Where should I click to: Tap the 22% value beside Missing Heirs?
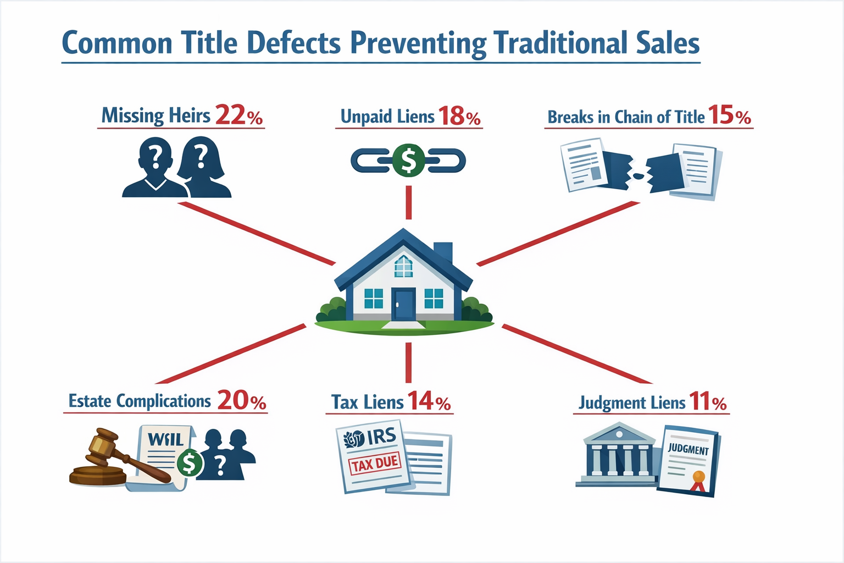click(x=238, y=115)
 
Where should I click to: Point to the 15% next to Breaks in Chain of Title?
click(x=729, y=115)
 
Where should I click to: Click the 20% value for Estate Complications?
click(x=242, y=400)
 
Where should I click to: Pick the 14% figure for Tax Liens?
click(x=429, y=401)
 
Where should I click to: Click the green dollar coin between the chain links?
click(x=408, y=160)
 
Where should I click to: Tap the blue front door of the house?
click(x=403, y=304)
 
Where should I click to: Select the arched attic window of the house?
click(x=403, y=266)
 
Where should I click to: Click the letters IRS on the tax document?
click(x=381, y=437)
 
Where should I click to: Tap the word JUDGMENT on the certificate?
click(x=688, y=449)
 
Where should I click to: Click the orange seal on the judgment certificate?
click(x=698, y=477)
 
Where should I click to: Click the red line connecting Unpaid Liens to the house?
click(x=408, y=202)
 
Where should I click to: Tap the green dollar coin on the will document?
click(x=190, y=463)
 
